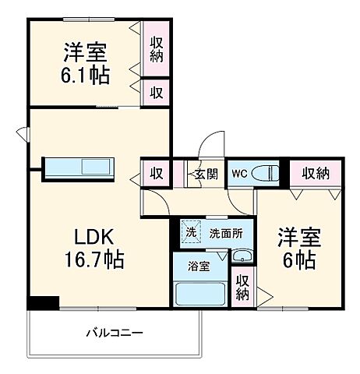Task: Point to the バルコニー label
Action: click(x=114, y=333)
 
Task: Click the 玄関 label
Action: click(x=206, y=173)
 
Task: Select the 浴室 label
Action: click(x=199, y=266)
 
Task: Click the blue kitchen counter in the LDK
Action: click(x=79, y=168)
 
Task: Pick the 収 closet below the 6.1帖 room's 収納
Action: click(x=157, y=92)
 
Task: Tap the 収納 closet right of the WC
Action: click(x=315, y=173)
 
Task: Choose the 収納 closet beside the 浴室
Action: click(x=243, y=288)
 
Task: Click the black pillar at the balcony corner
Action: click(x=44, y=303)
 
